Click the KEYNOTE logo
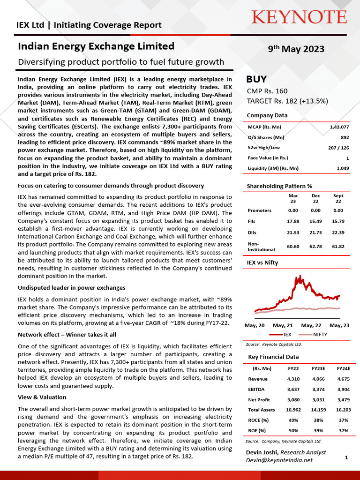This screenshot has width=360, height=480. coord(299,17)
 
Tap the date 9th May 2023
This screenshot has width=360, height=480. coord(296,49)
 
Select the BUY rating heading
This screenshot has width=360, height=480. coord(256,79)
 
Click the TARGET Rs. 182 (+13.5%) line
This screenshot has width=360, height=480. coord(287,101)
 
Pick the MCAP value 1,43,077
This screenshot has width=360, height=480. coord(336,127)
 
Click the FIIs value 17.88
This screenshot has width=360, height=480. coord(293,221)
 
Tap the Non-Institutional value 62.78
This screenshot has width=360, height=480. coord(315,247)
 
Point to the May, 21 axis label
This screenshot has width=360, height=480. coord(283,325)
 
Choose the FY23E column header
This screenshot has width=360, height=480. coord(317,369)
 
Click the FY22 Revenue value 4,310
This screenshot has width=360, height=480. coord(293,379)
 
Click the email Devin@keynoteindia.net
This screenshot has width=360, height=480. coord(279,460)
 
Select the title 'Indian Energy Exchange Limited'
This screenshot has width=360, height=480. coord(96,46)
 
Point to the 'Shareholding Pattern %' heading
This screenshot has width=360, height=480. coord(279,186)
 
